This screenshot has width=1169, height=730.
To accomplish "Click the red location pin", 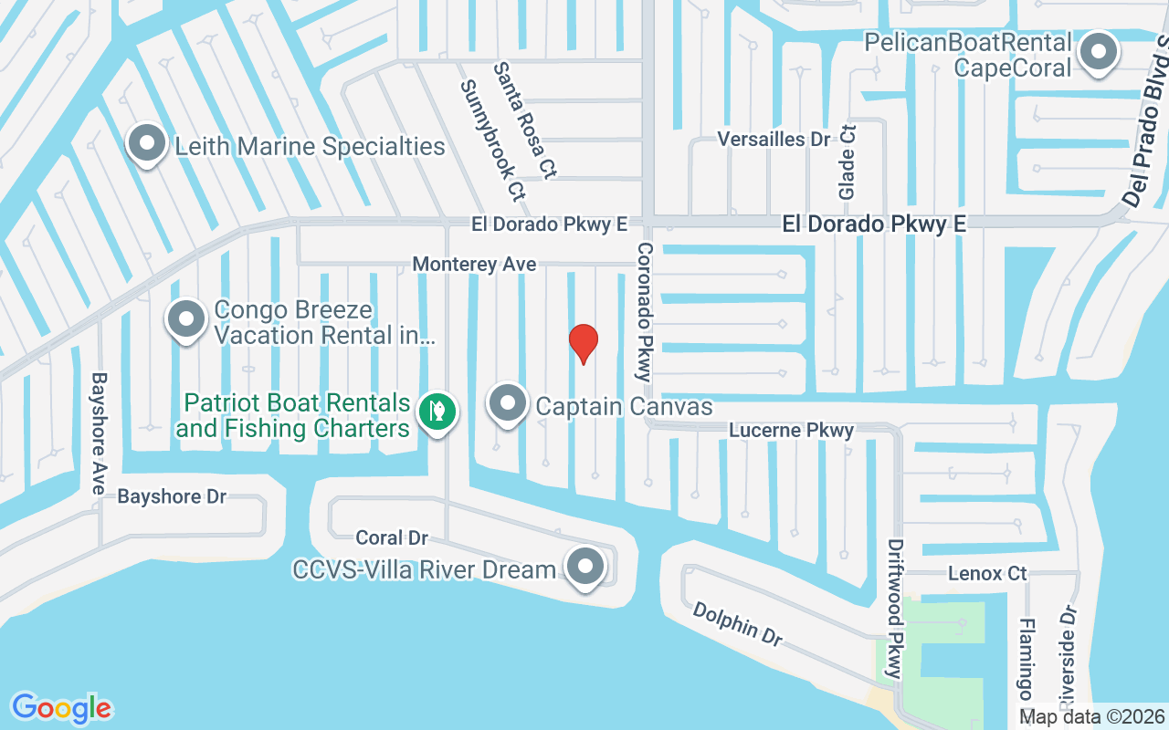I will (x=584, y=343).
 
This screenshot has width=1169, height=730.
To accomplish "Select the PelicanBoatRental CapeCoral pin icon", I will (x=1099, y=52).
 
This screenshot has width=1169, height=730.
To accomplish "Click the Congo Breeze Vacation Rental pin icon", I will (x=187, y=320).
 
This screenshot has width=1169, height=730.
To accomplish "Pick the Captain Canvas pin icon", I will (x=508, y=404).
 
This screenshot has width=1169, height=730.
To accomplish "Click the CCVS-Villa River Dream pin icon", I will (x=585, y=567).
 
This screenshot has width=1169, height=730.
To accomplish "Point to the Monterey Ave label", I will (x=474, y=264).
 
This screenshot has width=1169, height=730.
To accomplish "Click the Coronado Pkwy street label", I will (x=645, y=311).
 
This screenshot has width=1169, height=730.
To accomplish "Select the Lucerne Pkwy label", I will (x=791, y=430).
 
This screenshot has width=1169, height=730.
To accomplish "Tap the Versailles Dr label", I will (x=774, y=140).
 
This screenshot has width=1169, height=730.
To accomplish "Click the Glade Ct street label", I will (x=848, y=162).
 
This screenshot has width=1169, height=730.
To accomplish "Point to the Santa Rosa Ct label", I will (x=525, y=120).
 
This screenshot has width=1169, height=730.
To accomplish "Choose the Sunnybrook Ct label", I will (x=494, y=140).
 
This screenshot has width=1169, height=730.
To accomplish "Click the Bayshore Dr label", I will (x=172, y=496).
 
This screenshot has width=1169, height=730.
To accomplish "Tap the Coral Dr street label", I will (x=392, y=538).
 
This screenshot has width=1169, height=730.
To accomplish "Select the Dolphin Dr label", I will (x=737, y=623).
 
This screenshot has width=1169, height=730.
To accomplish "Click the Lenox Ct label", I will (x=987, y=574).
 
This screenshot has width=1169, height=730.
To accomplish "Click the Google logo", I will (x=61, y=708).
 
